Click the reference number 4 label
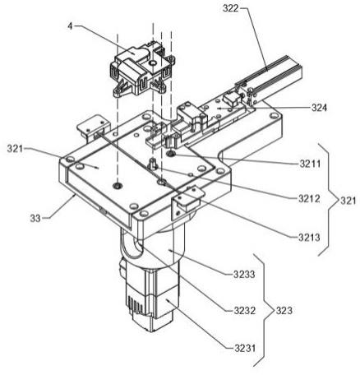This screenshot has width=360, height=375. pos(71,26)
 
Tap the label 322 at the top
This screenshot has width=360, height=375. pos(231,8)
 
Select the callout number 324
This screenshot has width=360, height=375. pos(319,108)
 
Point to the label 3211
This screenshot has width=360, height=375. pos(310,164)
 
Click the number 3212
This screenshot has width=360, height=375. pos(309,198)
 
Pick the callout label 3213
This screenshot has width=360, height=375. pos(309,238)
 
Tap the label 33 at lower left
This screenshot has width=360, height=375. pos(35,219)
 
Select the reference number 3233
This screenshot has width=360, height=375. pos(244,274)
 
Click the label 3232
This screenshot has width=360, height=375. pos(245,311)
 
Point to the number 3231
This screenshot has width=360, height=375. pos(245,349)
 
